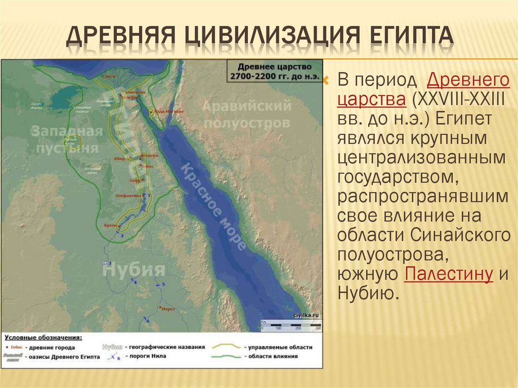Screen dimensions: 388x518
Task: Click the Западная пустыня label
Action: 67,140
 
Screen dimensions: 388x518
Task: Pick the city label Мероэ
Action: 168,308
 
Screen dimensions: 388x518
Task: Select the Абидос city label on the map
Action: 120,158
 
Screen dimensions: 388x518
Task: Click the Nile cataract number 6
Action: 148,321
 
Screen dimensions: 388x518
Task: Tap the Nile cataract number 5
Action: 163,284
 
